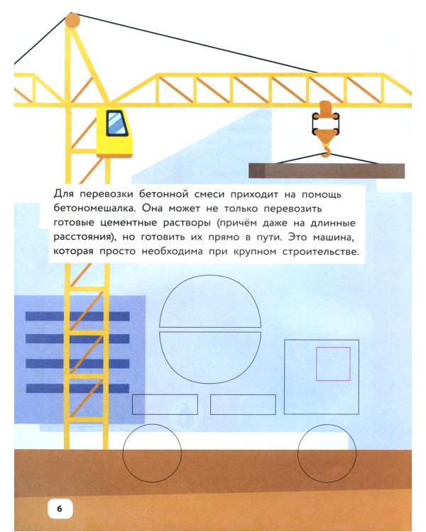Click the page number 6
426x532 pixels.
(x=60, y=508)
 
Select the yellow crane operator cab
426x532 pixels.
(x=114, y=132)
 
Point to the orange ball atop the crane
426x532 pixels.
(x=73, y=21)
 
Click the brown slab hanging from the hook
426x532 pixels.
(x=327, y=171)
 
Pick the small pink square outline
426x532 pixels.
(x=333, y=364)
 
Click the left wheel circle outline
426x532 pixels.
(x=153, y=454)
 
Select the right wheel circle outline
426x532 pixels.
(x=327, y=454)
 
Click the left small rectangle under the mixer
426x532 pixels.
(x=165, y=404)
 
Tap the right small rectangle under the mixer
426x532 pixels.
(x=243, y=404)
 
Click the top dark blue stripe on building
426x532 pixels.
(x=77, y=316)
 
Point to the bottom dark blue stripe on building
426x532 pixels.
(x=77, y=388)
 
